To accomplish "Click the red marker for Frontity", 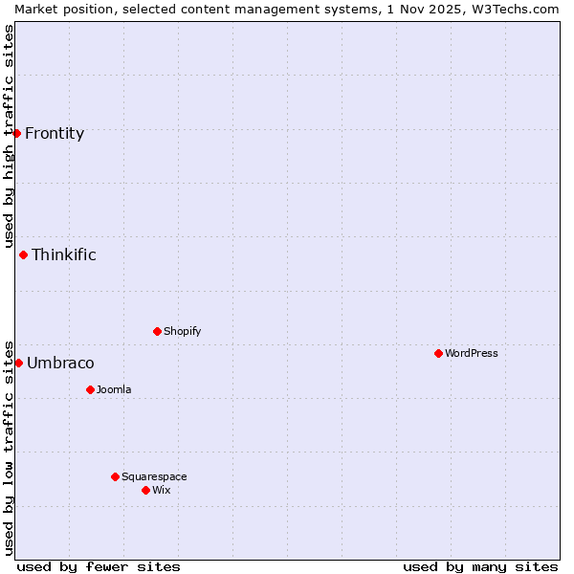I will click(17, 133).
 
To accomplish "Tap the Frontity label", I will click(55, 134).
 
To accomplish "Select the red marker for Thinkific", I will click(24, 254).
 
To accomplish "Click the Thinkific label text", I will click(64, 255).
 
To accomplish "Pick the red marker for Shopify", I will click(158, 331).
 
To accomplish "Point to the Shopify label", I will click(183, 332).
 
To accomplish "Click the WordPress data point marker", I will click(439, 353).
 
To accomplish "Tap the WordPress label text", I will click(472, 354).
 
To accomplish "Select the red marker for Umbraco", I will click(18, 363).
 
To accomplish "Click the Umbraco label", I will click(60, 364).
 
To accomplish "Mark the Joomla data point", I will click(91, 389).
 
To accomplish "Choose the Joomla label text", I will click(114, 390).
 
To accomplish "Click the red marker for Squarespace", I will click(116, 476).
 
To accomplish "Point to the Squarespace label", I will click(154, 477).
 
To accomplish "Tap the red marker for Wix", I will click(146, 490).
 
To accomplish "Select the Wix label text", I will click(162, 491).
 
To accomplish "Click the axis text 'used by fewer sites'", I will click(99, 566).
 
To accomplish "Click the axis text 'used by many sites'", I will click(480, 566).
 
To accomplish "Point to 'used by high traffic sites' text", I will click(9, 136).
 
